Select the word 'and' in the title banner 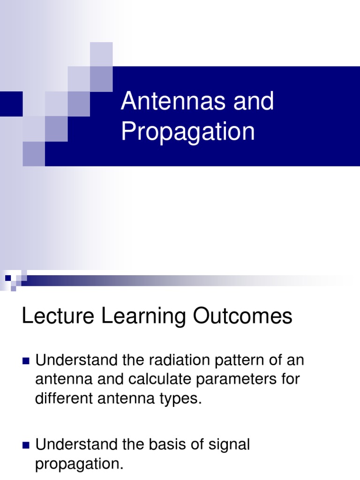pos(254,102)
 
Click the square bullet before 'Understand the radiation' pos(26,361)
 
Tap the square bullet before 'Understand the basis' pos(26,445)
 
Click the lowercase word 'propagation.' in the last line pos(79,464)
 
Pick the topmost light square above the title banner pos(101,53)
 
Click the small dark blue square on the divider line pos(8,278)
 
